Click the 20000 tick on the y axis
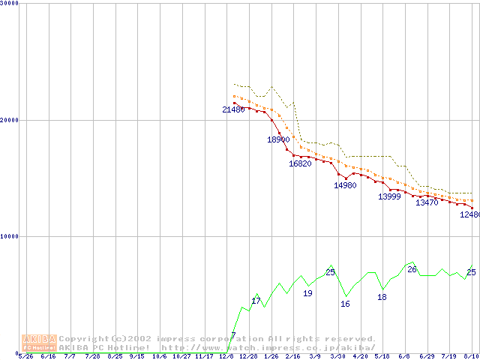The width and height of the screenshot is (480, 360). pos(10,120)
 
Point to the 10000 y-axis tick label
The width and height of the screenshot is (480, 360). pos(10,236)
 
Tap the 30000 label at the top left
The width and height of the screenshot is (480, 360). pos(10,4)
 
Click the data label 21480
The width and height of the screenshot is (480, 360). pos(233,109)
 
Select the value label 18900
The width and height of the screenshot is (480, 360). pos(278,139)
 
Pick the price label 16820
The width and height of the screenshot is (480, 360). pos(300,163)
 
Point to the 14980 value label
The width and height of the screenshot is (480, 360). pos(345,185)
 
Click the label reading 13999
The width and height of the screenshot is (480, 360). pos(389,196)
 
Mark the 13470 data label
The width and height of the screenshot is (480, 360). pos(427,202)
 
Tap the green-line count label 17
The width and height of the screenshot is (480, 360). pos(256,301)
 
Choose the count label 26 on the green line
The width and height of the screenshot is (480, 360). pos(412,269)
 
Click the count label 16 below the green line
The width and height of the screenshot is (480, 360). pos(345,304)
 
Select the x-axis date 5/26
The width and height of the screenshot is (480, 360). pos(25,356)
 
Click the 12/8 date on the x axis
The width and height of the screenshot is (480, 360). pos(226,356)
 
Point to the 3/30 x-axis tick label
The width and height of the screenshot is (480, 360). pos(338,356)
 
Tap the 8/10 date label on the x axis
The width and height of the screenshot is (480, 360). pos(472,356)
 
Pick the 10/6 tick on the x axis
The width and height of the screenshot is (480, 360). pos(160,356)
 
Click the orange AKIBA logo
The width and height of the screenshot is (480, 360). pos(39,343)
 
